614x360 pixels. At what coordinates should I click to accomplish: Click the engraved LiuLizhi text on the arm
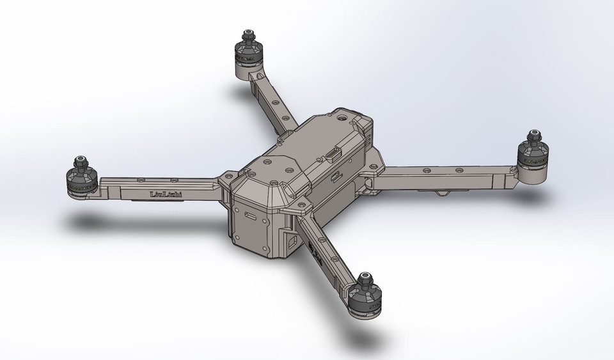(x=165, y=194)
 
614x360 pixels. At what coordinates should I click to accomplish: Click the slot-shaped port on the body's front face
(x=248, y=215)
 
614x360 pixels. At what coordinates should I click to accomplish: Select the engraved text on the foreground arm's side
(x=315, y=254)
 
